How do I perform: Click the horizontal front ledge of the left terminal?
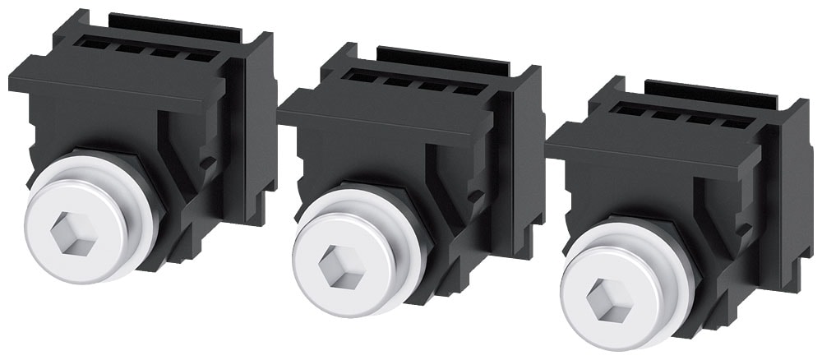(107, 90)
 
